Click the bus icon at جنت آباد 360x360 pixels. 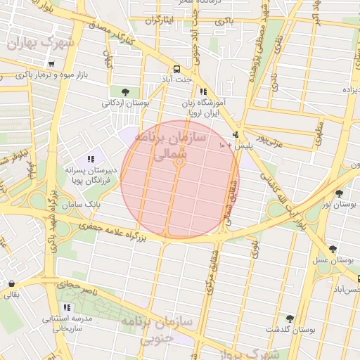176,69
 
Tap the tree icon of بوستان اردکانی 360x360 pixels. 125,91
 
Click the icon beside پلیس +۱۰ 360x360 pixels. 235,134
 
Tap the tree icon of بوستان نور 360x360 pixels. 340,193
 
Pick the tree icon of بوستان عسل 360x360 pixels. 333,249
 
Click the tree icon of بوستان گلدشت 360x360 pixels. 289,319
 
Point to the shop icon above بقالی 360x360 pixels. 12,284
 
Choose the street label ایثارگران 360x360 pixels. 159,21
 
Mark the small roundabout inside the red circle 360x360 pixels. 180,162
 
